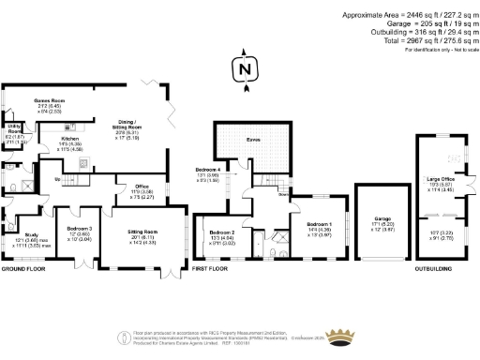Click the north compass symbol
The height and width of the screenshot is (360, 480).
244,69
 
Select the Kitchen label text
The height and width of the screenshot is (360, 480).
71,139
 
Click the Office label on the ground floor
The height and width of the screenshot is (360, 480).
142,187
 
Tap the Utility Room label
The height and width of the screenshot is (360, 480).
14,127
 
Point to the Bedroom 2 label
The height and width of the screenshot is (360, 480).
222,232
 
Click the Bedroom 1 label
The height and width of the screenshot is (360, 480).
319,224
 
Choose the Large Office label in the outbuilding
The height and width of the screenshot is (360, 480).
440,178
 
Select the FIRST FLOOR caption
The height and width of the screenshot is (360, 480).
210,268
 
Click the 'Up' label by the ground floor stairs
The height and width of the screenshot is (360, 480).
57,178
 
